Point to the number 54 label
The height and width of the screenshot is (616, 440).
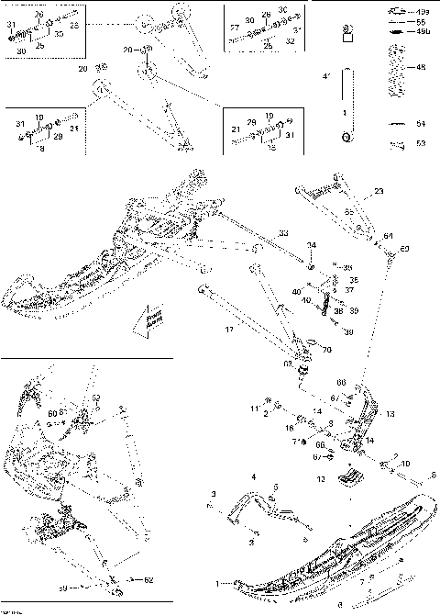click(x=422, y=123)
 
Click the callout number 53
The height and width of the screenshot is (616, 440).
click(x=422, y=143)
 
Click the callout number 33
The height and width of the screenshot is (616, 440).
click(x=283, y=233)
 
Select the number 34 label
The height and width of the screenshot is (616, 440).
click(x=313, y=246)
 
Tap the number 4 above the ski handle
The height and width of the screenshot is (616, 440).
click(x=253, y=476)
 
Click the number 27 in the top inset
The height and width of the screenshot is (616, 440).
click(x=235, y=28)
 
